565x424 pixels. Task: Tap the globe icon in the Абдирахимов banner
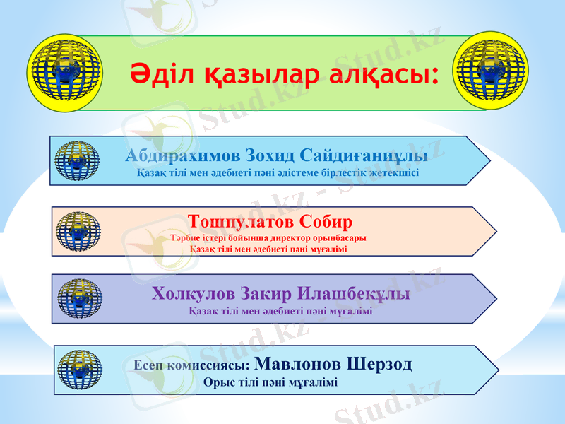coord(76,161)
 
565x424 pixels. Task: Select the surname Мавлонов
coord(297,365)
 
